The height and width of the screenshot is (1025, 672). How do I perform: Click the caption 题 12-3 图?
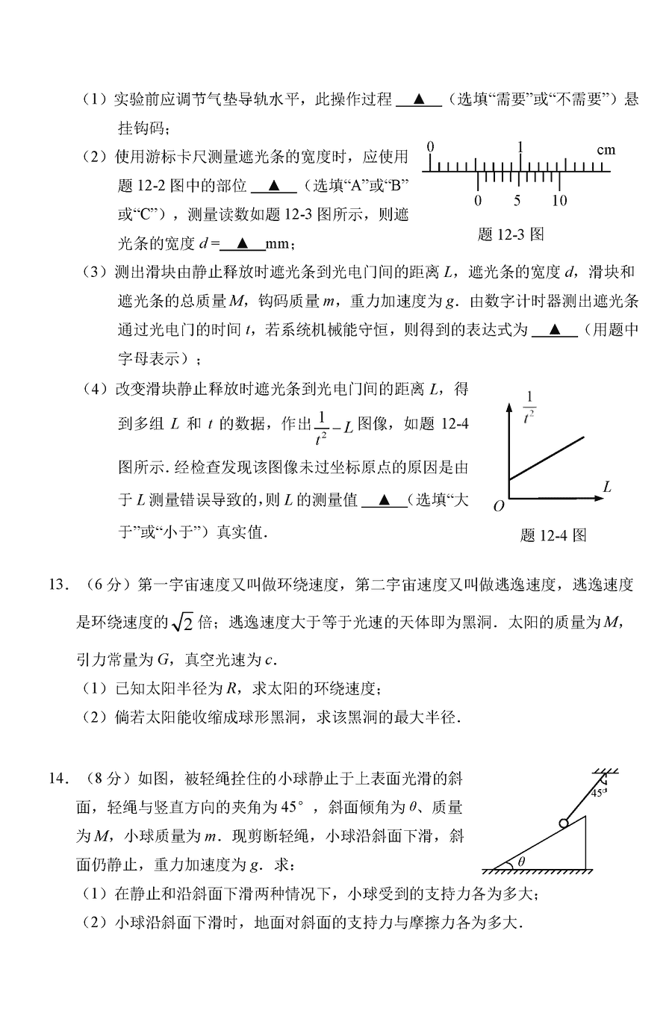[x=510, y=234]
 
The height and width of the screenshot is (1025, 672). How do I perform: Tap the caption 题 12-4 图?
[x=553, y=535]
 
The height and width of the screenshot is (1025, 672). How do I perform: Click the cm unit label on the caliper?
[x=606, y=150]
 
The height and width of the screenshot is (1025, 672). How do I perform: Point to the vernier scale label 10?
[x=559, y=200]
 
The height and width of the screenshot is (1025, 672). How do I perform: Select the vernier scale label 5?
[x=517, y=200]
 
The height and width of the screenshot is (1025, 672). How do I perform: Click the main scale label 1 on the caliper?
[x=520, y=147]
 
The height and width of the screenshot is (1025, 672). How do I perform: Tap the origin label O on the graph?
[x=498, y=505]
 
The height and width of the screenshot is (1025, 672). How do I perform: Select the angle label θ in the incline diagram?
[x=521, y=861]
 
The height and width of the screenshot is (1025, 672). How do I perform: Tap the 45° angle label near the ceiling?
[x=599, y=793]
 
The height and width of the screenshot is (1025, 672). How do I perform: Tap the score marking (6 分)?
[x=105, y=585]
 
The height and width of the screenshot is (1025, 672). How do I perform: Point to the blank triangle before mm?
[x=243, y=243]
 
